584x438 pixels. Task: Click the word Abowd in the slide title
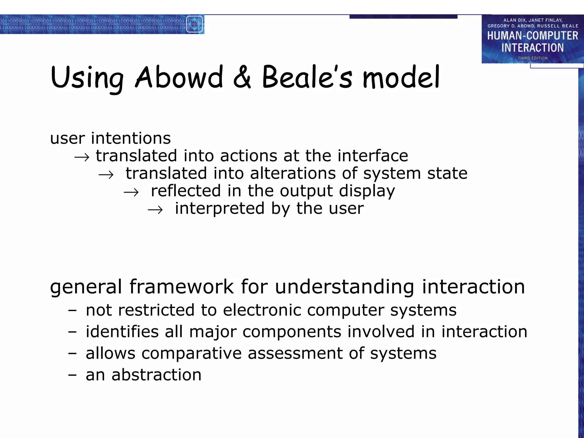pos(179,77)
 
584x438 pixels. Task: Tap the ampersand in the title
pos(242,77)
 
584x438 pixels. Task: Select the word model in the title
pos(401,77)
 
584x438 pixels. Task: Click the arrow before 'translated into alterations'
pos(106,175)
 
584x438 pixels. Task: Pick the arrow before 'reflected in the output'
pos(131,192)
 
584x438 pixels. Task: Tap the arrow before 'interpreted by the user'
pos(155,210)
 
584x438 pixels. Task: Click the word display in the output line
pos(367,191)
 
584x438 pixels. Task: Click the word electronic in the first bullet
pos(262,310)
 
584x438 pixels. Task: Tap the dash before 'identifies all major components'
pos(72,332)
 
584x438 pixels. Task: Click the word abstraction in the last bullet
pos(156,375)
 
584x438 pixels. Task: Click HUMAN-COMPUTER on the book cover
pos(532,36)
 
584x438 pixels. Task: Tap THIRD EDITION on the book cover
pos(532,58)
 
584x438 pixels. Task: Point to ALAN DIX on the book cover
pos(514,20)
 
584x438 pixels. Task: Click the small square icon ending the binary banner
pos(194,25)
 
